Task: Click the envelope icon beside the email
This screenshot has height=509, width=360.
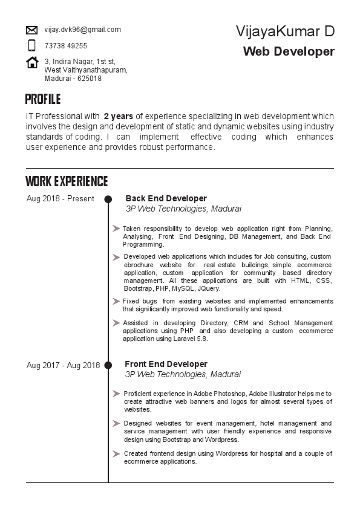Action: (x=32, y=30)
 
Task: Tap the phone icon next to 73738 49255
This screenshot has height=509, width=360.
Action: (x=32, y=45)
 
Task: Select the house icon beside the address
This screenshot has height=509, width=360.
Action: (x=32, y=62)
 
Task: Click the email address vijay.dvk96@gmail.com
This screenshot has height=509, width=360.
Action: (x=82, y=30)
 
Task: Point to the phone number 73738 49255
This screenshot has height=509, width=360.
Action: (x=65, y=46)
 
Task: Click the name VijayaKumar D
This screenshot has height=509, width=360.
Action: (x=285, y=31)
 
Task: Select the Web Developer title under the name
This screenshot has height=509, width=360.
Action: (x=289, y=51)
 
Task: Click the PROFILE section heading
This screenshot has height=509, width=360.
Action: (x=43, y=100)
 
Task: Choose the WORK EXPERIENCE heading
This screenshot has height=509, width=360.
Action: (x=67, y=181)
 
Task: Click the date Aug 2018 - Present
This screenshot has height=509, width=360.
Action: (x=61, y=198)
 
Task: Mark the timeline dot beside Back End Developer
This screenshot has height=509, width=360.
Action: (x=108, y=199)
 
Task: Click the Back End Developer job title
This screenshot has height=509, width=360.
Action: (x=166, y=198)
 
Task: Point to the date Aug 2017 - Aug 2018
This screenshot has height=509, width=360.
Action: (x=63, y=365)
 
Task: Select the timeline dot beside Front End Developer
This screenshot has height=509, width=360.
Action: (x=108, y=365)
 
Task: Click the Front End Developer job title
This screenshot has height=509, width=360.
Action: (x=166, y=364)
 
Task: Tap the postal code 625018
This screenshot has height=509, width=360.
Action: (x=90, y=79)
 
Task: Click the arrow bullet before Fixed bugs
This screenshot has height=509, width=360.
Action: (x=116, y=300)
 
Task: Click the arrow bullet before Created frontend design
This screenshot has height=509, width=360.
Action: (x=116, y=453)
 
